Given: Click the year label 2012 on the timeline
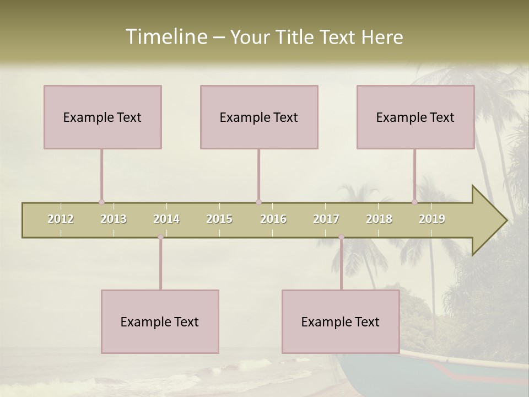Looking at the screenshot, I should pos(61,219).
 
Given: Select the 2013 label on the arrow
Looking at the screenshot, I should pos(114,219).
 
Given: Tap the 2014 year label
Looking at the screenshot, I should pos(166,219).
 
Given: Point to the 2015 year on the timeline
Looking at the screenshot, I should pos(219,219).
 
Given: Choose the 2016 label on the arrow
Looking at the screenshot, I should pos(273,219).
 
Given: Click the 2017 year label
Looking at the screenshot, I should pos(326,219).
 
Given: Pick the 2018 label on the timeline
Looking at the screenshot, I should pos(379,219).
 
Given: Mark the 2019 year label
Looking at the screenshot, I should pos(432,219).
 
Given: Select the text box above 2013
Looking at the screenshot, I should pos(102,117).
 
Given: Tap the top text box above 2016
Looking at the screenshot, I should pos(259,117).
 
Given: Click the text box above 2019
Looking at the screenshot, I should pos(415,117).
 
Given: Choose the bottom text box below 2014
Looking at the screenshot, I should pos(160,321).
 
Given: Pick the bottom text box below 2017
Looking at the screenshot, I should pos(341,321).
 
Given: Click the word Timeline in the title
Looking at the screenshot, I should pos(165,37).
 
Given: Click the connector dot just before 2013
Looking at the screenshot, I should pos(101,202).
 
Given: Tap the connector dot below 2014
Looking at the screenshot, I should pos(160,237).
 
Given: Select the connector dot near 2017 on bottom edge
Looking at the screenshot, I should pos(341,237).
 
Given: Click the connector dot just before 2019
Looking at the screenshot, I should pos(414,202).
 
